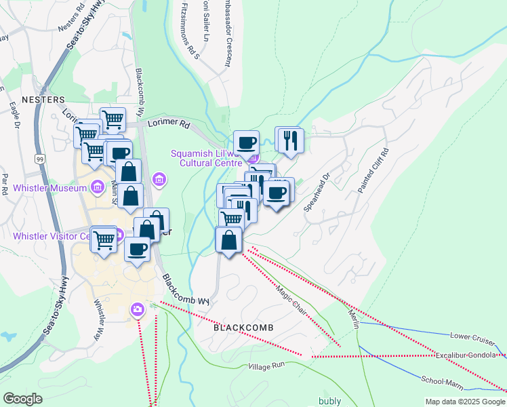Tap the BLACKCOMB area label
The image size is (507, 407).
pos(243,328)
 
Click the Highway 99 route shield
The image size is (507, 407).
pos(40,158)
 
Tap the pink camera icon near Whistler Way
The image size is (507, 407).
pos(138,309)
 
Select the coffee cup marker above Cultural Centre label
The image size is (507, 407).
pos(246,142)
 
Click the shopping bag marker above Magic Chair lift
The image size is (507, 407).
pos(229,240)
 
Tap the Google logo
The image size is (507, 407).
pos(22,398)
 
